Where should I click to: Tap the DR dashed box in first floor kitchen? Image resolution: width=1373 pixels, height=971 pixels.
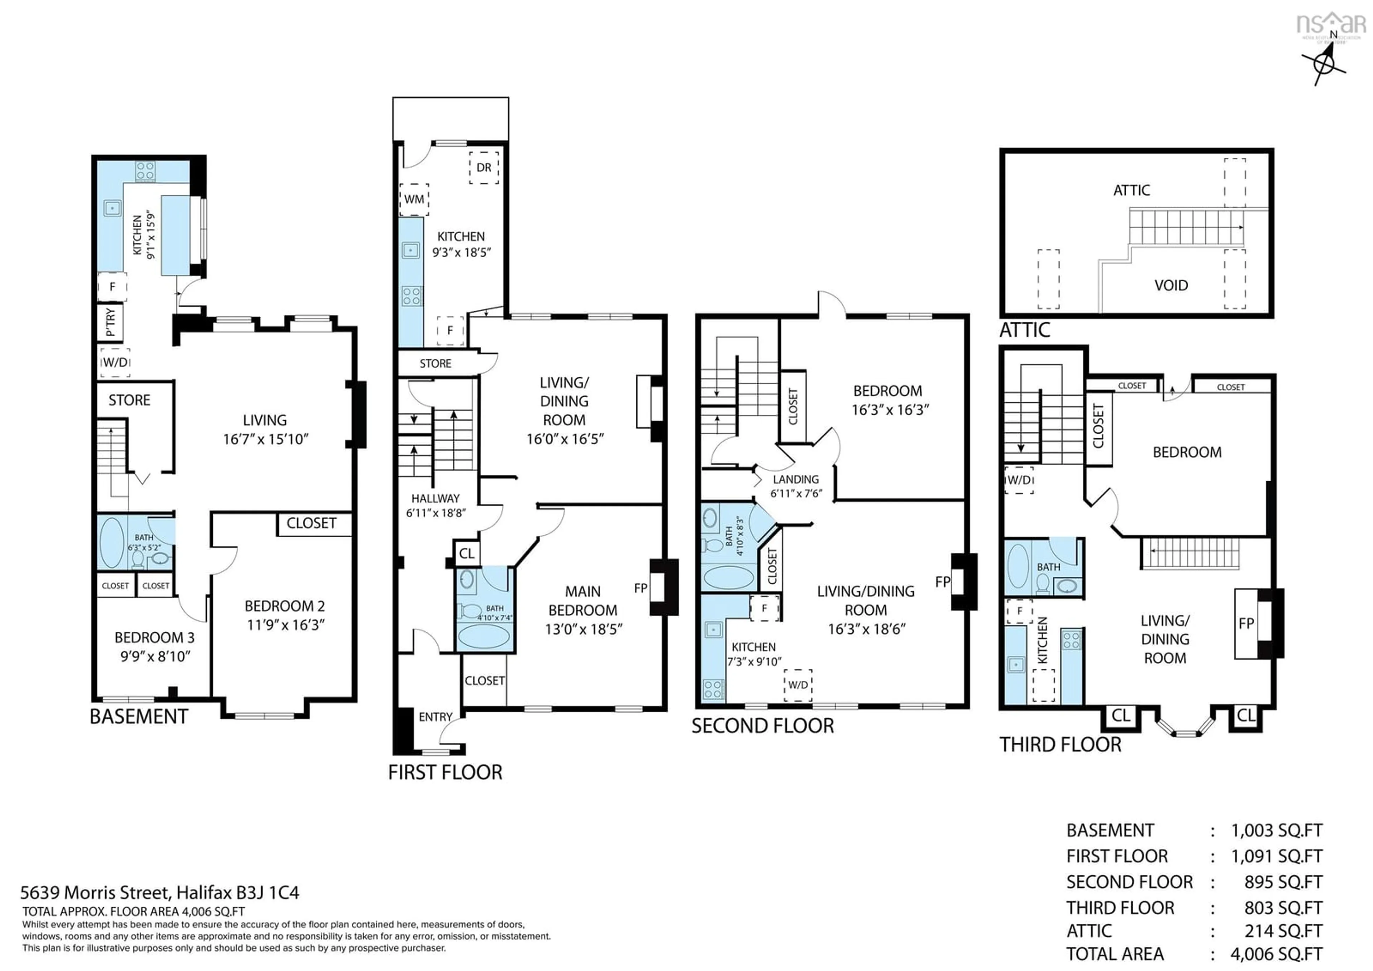[x=484, y=167]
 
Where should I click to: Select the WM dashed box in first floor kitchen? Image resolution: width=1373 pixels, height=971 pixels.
[x=414, y=199]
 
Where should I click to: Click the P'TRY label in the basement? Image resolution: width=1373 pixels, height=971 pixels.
[x=110, y=323]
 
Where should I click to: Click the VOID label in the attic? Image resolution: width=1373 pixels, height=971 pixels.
[x=1171, y=286]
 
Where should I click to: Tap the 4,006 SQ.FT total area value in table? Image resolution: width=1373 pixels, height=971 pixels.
[x=1276, y=954]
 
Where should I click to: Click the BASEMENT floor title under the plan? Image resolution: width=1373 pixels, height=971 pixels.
[x=139, y=717]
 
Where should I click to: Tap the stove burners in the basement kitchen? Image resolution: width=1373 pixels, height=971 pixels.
[x=145, y=171]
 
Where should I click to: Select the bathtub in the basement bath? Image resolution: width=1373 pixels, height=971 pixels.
[x=111, y=543]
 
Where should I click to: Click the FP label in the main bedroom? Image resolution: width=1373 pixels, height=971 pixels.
[x=640, y=588]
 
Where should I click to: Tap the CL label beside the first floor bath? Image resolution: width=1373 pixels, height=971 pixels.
[x=467, y=553]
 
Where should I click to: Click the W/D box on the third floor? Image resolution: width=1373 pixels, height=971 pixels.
[x=1019, y=480]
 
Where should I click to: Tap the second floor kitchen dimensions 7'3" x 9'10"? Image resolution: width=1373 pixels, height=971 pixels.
[x=754, y=662]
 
